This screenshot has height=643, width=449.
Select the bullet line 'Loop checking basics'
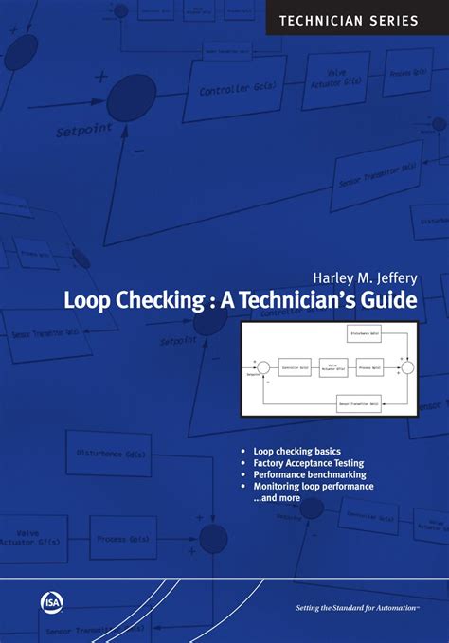point(296,451)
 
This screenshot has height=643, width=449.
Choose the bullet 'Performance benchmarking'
point(309,474)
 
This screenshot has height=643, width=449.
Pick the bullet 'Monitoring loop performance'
point(314,487)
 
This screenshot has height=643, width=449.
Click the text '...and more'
point(277,498)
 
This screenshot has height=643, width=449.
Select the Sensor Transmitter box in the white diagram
point(359,404)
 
